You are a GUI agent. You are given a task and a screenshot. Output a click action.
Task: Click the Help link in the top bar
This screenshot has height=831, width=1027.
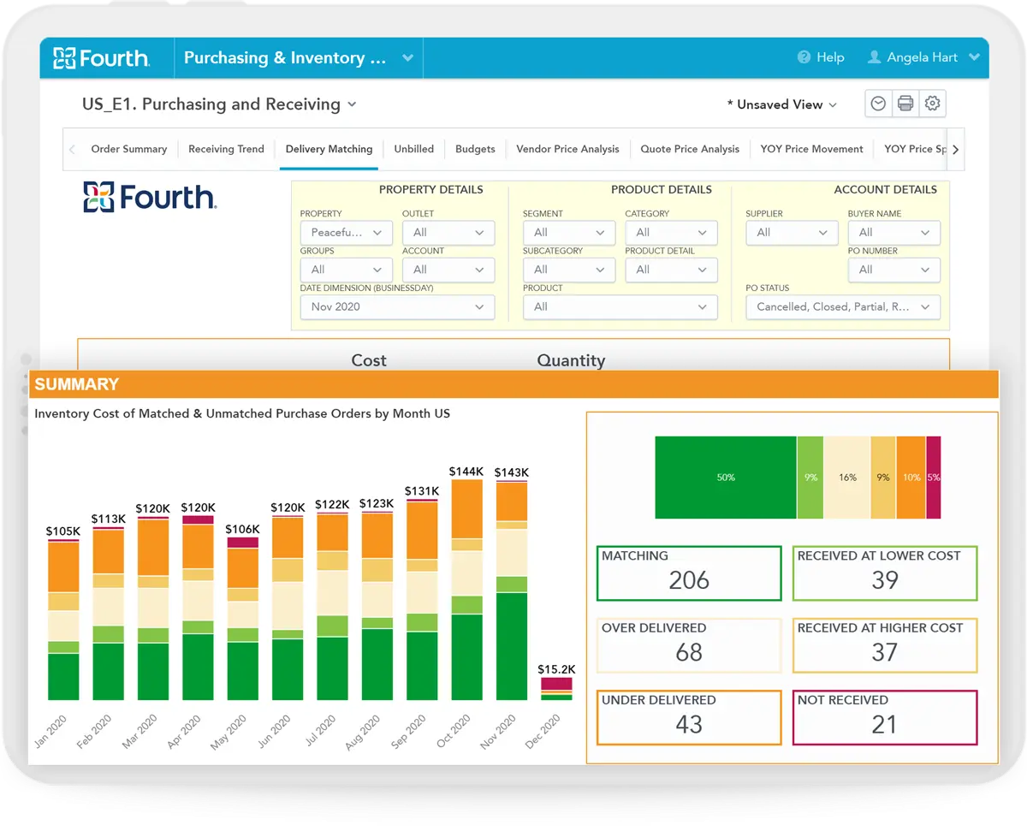[x=821, y=57]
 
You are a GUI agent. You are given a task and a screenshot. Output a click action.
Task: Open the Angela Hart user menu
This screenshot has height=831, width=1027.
[x=923, y=57]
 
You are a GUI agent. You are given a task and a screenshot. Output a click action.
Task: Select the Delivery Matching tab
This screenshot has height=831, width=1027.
[x=329, y=149]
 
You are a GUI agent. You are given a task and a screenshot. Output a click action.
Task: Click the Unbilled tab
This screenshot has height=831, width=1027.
[x=413, y=149]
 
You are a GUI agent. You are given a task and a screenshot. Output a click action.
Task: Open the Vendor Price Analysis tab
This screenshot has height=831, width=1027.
[x=567, y=149]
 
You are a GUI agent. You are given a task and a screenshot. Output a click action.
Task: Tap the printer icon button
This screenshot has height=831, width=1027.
[x=905, y=104]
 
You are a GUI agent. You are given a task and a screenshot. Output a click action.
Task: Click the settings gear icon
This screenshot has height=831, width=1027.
[x=933, y=104]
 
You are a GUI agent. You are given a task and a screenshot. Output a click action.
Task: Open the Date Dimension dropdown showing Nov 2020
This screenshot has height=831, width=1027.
[x=397, y=307]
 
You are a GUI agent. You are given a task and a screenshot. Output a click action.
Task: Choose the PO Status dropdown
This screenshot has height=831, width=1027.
[x=842, y=307]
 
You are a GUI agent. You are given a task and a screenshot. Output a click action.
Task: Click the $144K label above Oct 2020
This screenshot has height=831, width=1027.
[x=466, y=472]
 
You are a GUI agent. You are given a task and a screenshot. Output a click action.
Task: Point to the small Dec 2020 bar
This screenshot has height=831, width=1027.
[x=556, y=689]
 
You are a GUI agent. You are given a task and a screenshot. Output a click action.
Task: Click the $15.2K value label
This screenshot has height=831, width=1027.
[x=556, y=668]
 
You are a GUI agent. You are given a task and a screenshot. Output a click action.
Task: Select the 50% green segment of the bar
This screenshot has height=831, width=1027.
[x=725, y=478]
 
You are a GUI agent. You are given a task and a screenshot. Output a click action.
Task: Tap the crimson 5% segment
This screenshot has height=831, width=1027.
[x=934, y=478]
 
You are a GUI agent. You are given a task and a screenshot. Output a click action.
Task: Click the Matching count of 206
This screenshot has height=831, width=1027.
[x=689, y=580]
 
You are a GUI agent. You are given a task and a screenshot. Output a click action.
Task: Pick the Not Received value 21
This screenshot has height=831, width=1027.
[x=884, y=724]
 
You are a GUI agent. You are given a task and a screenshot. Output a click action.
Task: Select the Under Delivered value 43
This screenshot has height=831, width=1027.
[x=689, y=724]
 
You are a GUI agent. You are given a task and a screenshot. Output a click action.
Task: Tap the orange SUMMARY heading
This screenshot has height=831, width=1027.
[x=77, y=384]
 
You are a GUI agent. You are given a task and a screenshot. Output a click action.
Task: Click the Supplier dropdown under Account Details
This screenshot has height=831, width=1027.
[x=791, y=233]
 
